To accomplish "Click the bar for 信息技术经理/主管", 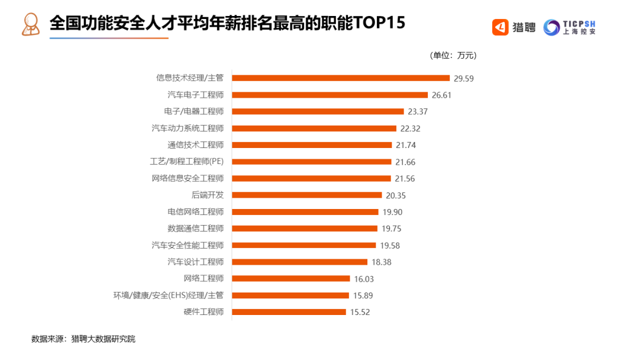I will tap(341, 78).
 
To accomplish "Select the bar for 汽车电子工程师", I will tap(330, 95).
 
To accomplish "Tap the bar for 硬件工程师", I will tap(289, 312).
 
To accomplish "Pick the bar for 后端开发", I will tap(307, 195).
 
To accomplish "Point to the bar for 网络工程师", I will tap(291, 278).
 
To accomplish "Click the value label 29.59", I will tap(464, 78).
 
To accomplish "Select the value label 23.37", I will tap(418, 111).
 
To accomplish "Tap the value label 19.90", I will tap(392, 212).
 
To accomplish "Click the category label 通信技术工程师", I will tap(195, 144).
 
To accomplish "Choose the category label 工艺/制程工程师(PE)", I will tap(186, 161).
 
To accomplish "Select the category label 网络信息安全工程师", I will tap(188, 178).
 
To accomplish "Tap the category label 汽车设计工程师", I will tap(195, 262).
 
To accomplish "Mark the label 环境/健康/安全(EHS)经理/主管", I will tap(168, 295).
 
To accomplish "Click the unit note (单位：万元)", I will tap(453, 56).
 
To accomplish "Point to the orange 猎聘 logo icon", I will tap(500, 27).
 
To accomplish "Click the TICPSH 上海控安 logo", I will tap(569, 27).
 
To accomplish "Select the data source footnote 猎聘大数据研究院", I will tap(103, 339).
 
